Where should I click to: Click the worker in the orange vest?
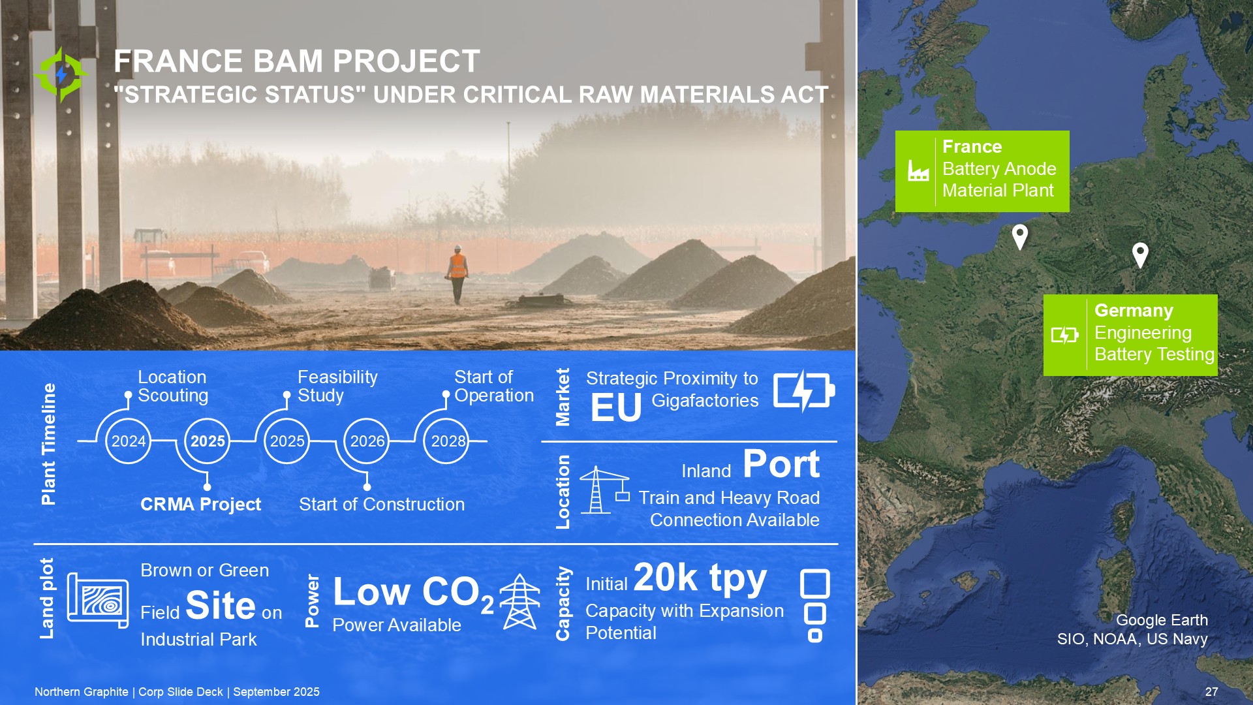457,274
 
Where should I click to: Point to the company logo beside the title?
61,74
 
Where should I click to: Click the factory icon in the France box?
918,171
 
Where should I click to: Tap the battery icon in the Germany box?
1065,335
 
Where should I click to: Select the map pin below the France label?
1020,237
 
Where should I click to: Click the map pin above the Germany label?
1140,255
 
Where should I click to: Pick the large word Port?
781,464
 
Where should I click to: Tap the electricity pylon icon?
520,601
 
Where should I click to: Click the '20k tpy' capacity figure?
700,578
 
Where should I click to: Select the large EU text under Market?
616,408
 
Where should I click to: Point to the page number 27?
1211,692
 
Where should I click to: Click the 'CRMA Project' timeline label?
200,504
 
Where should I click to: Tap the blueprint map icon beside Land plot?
98,601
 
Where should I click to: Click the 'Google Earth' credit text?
1162,620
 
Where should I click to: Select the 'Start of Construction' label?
382,504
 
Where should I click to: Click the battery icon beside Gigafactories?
804,391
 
